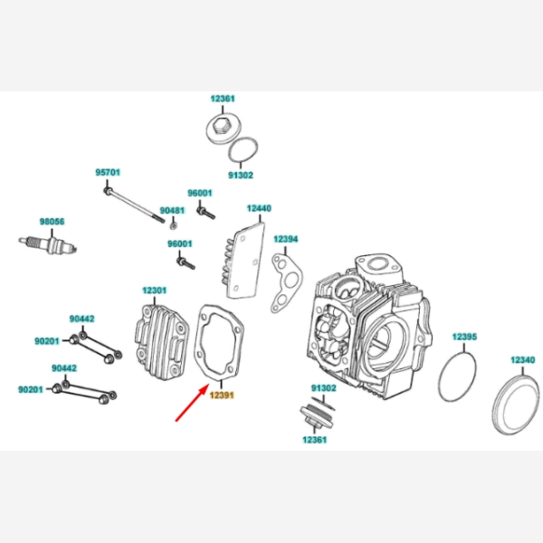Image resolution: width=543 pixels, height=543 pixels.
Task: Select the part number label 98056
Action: click(x=52, y=221)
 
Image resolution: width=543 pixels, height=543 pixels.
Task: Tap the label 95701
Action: click(x=109, y=171)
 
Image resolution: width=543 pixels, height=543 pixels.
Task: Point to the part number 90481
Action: click(x=172, y=210)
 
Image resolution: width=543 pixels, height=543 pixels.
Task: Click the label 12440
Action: click(x=258, y=208)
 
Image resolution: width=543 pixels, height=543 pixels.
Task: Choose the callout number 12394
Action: click(x=286, y=239)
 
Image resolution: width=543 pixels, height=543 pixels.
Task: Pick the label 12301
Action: click(x=154, y=291)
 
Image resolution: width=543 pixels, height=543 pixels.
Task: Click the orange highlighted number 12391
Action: click(x=223, y=395)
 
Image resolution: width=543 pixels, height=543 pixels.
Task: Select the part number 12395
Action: click(x=463, y=337)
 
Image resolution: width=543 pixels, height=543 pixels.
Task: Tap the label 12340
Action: click(x=522, y=359)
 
